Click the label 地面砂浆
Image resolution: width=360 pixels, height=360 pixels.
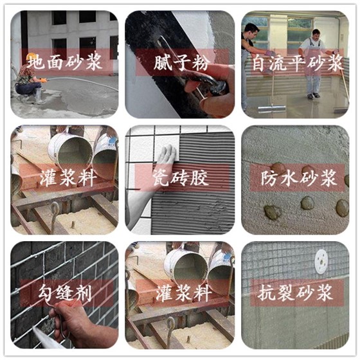point(64,62)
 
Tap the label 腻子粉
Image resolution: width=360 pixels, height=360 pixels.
point(181,62)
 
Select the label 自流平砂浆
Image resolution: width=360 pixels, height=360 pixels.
point(298,63)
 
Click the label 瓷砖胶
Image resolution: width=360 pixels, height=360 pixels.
point(181,178)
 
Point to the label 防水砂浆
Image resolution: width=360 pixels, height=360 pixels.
point(298,178)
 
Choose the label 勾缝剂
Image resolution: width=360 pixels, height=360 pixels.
point(65,292)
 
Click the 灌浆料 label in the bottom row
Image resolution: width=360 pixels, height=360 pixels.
point(183,292)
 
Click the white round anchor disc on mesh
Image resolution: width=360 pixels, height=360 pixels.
point(321,262)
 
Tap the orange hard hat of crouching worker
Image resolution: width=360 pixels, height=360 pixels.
point(30,57)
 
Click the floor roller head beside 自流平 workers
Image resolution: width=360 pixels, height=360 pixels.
point(271,109)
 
